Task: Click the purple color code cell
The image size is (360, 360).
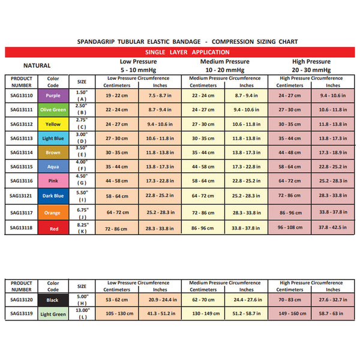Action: [x=53, y=95]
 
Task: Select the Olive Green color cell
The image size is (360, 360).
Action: [x=53, y=110]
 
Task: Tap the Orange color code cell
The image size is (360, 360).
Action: [x=53, y=212]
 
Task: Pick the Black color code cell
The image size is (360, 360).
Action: [x=53, y=299]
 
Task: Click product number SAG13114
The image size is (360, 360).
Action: [x=21, y=152]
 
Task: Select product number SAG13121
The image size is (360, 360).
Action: [x=21, y=196]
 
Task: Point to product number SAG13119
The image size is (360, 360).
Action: [x=21, y=313]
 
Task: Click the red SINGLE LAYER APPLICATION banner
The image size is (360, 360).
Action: [x=180, y=53]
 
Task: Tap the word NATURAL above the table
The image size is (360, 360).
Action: [x=37, y=66]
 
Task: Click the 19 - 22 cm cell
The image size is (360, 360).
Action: [x=116, y=95]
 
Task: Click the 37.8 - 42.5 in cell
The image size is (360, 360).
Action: [x=332, y=228]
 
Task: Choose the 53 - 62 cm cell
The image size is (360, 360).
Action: [x=116, y=299]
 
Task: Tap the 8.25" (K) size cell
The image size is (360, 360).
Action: [x=82, y=227]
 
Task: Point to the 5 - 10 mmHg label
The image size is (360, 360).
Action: [x=138, y=70]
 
